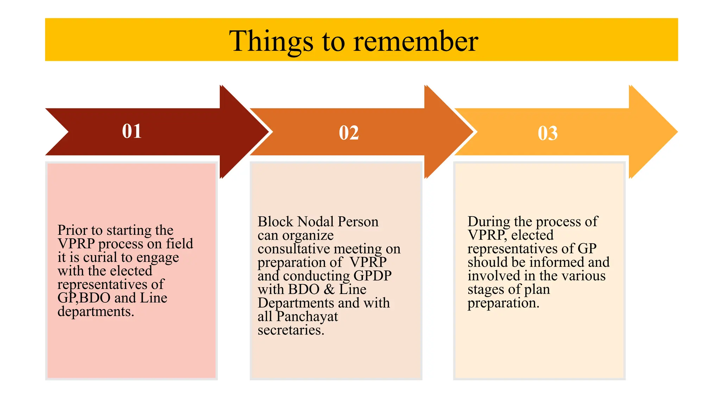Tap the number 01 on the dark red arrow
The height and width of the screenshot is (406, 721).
[132, 131]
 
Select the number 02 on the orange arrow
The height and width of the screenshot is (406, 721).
[349, 133]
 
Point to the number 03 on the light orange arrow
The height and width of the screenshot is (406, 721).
[547, 133]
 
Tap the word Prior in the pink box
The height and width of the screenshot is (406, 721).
[73, 230]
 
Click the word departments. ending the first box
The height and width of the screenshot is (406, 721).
[96, 312]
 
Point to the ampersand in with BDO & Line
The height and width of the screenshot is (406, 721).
[329, 289]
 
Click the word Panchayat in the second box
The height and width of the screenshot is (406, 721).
[307, 316]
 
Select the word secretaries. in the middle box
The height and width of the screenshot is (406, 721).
[291, 330]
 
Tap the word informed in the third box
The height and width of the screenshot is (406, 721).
[557, 262]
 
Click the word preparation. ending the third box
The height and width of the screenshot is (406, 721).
[503, 303]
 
